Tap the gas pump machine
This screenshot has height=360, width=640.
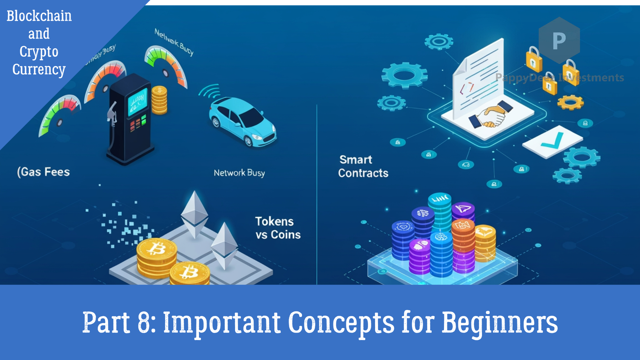click(130, 120)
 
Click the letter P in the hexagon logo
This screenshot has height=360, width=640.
click(559, 40)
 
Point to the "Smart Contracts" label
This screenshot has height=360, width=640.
click(363, 166)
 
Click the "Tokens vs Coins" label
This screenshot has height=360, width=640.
click(278, 228)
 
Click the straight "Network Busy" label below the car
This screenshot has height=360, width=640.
click(239, 173)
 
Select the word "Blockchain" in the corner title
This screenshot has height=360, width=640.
click(39, 16)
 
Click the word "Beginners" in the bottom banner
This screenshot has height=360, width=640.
click(500, 322)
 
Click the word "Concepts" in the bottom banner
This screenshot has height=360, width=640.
click(341, 322)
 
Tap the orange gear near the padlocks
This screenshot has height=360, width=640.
click(570, 102)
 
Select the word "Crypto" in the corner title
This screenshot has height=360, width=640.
click(39, 52)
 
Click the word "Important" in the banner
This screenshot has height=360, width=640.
click(222, 322)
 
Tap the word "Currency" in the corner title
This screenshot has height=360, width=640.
click(39, 70)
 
